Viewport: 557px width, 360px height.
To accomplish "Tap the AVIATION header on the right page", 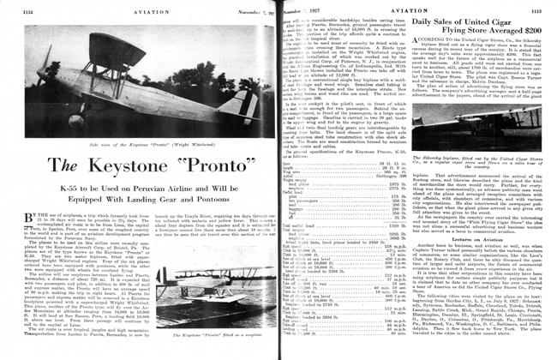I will [x=411, y=10].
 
